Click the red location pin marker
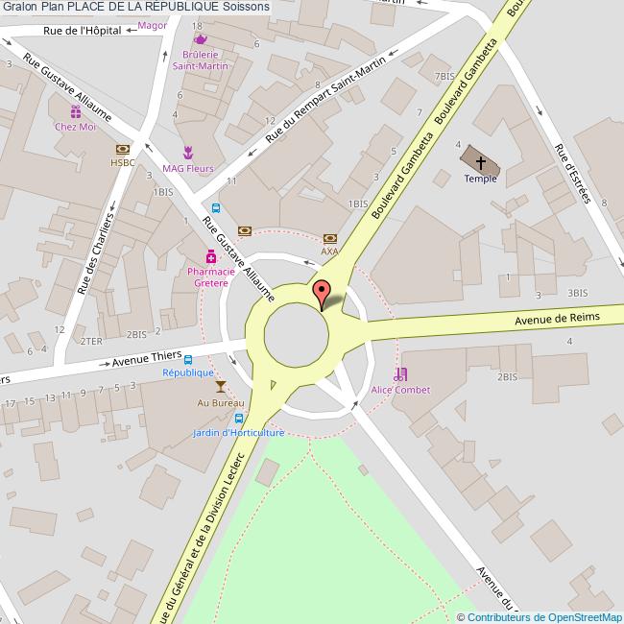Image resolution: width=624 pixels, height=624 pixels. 323,293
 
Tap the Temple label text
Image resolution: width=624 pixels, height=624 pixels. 481,179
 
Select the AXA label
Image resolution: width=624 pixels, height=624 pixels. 330,252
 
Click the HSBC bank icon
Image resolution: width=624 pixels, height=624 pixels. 123,150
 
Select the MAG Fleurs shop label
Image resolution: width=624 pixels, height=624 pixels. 187,169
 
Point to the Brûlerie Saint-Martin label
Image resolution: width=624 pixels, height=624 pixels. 201,61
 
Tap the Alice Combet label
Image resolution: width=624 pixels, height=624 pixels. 400,390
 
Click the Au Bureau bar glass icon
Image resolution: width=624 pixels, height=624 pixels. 221,387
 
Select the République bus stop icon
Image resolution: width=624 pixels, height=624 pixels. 188,360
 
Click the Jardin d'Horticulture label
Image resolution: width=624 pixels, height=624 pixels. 238,433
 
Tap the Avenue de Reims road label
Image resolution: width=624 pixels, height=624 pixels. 557,319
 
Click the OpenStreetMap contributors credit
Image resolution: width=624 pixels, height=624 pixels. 543,617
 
